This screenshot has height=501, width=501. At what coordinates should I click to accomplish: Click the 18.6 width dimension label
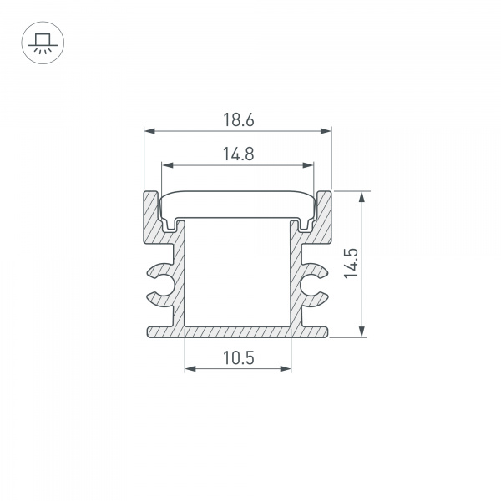[238, 120]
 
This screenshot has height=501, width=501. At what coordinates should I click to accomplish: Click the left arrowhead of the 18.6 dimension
[149, 130]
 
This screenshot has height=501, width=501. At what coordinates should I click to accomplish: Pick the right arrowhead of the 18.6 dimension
[326, 130]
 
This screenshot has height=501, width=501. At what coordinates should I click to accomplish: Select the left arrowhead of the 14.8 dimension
[165, 164]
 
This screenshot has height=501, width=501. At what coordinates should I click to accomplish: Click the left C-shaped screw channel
[161, 282]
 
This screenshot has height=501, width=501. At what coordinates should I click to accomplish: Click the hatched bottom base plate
[238, 331]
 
